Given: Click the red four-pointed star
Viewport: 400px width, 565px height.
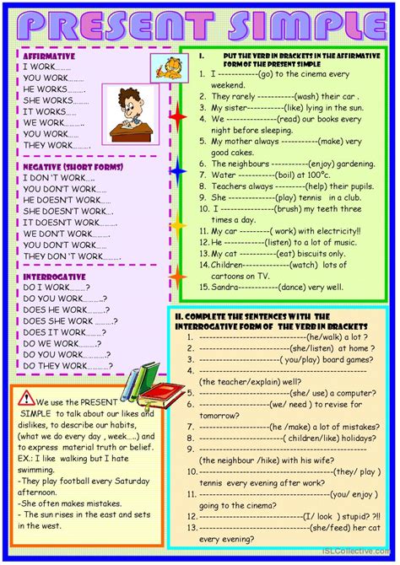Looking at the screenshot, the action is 177,116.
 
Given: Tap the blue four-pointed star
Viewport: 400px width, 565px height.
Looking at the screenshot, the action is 177,172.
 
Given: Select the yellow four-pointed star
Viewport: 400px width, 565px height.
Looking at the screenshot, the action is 177,226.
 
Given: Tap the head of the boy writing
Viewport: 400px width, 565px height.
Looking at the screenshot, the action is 130,100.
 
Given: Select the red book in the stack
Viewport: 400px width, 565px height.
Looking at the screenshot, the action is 161,392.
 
